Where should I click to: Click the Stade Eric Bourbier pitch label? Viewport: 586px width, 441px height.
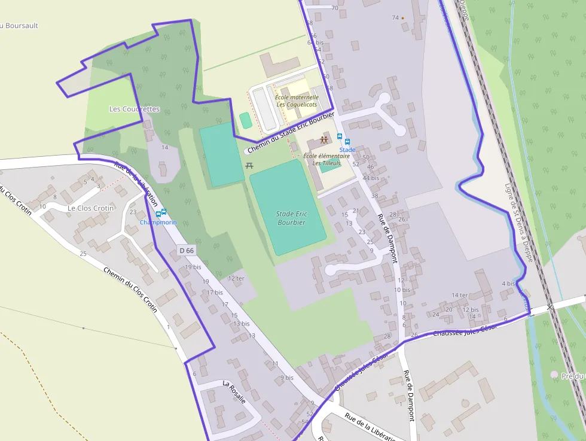(x=291, y=218)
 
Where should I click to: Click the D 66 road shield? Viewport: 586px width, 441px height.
(x=187, y=251)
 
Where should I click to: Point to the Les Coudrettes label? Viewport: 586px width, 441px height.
(x=135, y=109)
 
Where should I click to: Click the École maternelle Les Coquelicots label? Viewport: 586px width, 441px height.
(x=297, y=101)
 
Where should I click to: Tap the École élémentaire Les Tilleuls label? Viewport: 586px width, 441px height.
(x=326, y=159)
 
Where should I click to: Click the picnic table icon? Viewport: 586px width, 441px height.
(x=250, y=165)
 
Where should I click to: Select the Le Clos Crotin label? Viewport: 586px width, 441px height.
(x=91, y=208)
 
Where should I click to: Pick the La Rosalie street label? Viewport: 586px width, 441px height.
(x=234, y=392)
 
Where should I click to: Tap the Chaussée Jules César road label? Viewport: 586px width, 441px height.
(x=465, y=331)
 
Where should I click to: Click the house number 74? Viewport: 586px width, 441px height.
(x=395, y=18)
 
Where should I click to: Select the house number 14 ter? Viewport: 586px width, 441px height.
(x=460, y=295)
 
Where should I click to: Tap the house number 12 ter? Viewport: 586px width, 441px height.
(x=236, y=279)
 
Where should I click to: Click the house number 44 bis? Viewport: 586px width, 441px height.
(x=371, y=178)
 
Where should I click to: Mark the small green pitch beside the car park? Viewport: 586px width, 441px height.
(x=245, y=120)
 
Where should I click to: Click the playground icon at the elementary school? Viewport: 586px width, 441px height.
(x=324, y=140)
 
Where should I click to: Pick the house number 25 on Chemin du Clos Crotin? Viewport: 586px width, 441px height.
(x=83, y=254)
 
